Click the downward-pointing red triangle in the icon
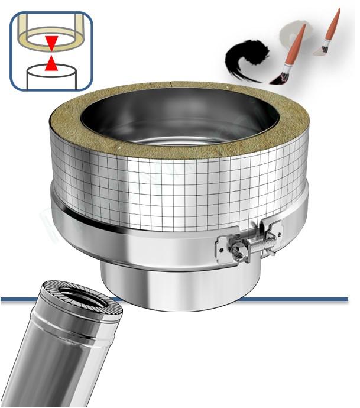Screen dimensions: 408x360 51,43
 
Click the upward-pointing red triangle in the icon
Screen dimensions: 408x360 51,62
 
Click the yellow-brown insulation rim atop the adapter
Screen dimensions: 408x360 177,148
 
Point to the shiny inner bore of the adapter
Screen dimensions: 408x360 177,124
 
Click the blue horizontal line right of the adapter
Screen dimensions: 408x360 296,299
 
